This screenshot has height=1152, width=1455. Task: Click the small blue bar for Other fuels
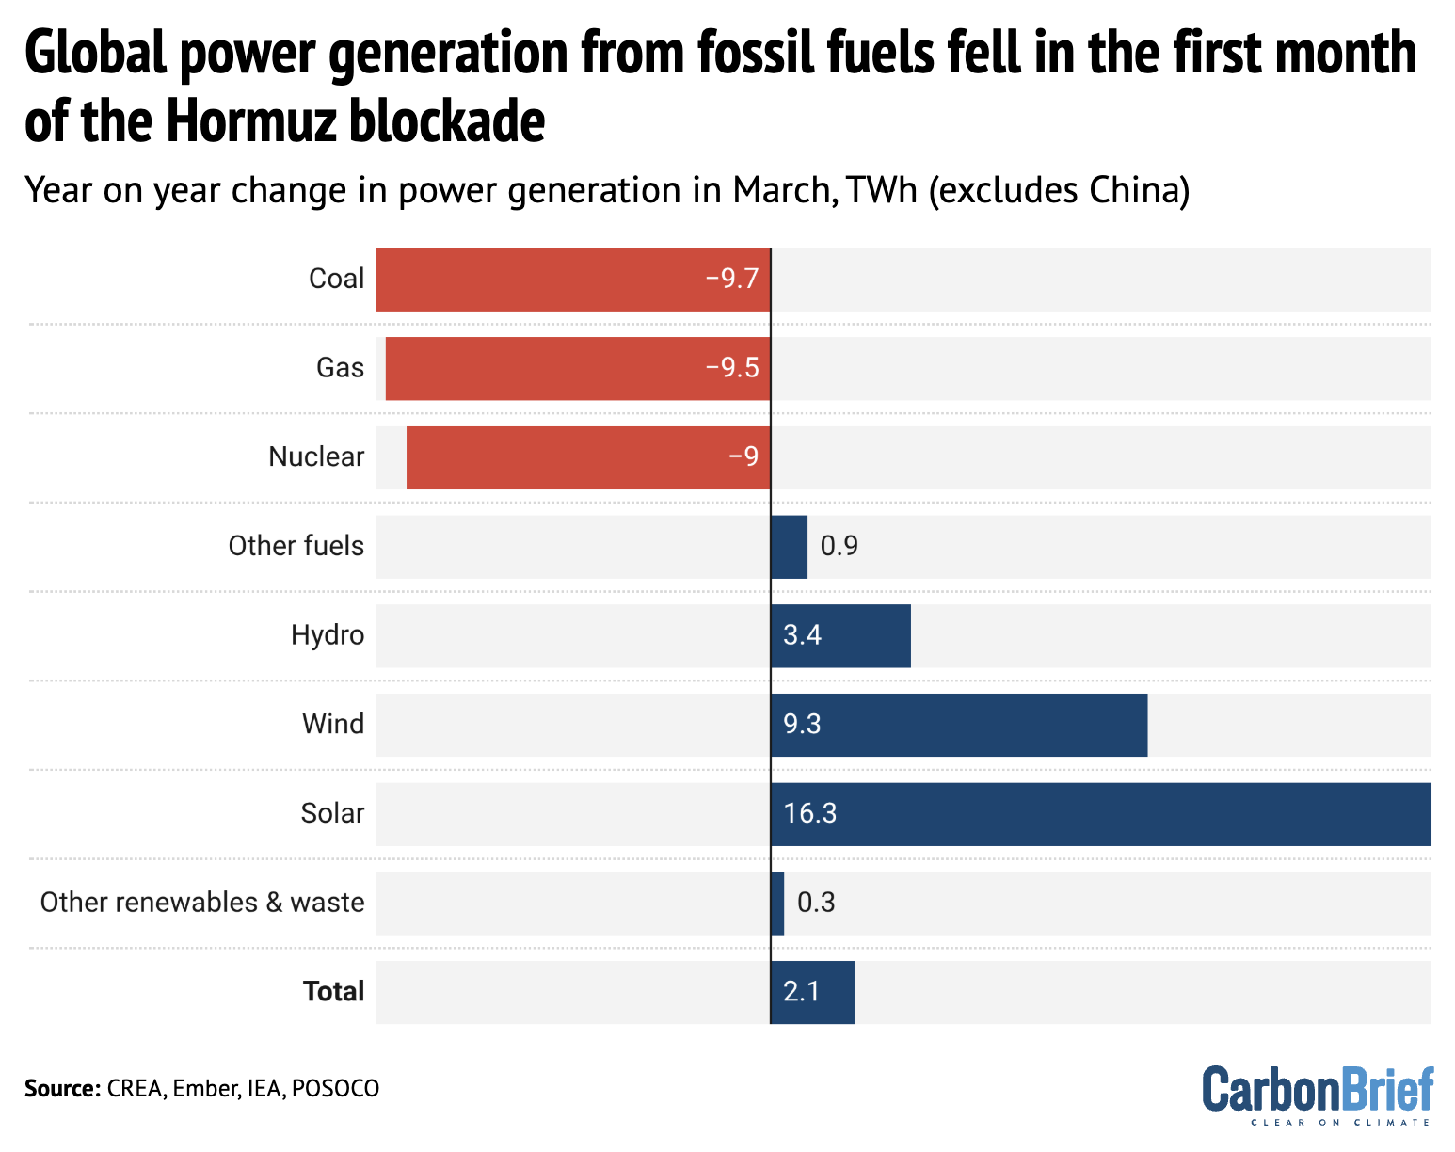(x=789, y=547)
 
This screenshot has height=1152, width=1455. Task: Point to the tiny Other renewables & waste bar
(x=777, y=903)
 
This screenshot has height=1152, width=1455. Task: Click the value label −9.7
(x=732, y=279)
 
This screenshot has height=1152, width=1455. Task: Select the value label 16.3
(x=809, y=813)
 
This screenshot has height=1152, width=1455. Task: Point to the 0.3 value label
(x=816, y=903)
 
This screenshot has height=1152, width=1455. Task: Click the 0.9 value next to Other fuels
(x=839, y=546)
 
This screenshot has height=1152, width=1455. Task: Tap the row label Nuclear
(x=316, y=456)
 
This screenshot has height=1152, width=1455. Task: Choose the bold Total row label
(x=333, y=991)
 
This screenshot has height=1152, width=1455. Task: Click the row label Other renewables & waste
(x=201, y=902)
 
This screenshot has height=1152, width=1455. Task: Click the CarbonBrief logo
(x=1318, y=1094)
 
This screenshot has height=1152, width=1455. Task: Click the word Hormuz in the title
(x=254, y=122)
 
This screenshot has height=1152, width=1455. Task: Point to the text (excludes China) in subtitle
(x=1059, y=190)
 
